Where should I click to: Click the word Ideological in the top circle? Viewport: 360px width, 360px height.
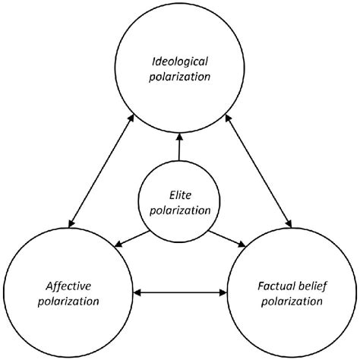(180, 58)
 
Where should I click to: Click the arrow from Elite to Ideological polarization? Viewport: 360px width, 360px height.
(180, 150)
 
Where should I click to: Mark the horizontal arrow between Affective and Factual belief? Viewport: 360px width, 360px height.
(180, 292)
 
